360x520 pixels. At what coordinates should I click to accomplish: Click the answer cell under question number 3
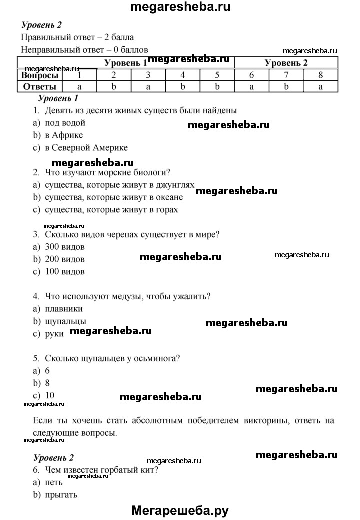click(148, 86)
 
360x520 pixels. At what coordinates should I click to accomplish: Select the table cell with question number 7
click(286, 75)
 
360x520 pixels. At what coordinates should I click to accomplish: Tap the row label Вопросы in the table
click(40, 75)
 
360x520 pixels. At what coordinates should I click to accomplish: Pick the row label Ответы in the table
click(40, 86)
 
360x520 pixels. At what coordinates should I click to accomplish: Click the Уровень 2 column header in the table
click(286, 63)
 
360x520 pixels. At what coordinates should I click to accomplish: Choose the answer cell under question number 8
click(321, 86)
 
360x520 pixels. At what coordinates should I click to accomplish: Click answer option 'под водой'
click(65, 123)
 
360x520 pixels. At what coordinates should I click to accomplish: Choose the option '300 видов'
click(64, 247)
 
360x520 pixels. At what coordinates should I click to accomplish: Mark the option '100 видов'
click(64, 272)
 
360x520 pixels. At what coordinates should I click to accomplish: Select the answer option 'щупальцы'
click(65, 321)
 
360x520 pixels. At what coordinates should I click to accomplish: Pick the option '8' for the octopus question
click(48, 383)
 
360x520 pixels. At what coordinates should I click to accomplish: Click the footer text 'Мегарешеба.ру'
click(180, 510)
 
